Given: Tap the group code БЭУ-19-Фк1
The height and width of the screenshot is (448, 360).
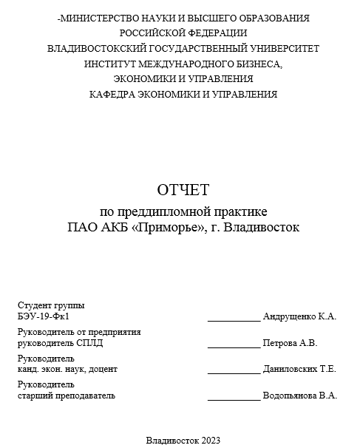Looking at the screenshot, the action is [x=43, y=316].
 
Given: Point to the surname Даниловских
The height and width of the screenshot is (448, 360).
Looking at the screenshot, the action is [x=290, y=369].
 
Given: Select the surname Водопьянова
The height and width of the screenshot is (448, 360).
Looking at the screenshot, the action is [x=291, y=396].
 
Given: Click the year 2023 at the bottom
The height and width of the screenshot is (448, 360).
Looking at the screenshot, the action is [x=209, y=440].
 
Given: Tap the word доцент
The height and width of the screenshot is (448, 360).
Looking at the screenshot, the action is [x=103, y=369].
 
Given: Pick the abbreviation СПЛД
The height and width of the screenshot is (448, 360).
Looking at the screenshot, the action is [x=89, y=343].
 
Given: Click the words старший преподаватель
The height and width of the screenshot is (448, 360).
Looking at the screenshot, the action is [x=67, y=396].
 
